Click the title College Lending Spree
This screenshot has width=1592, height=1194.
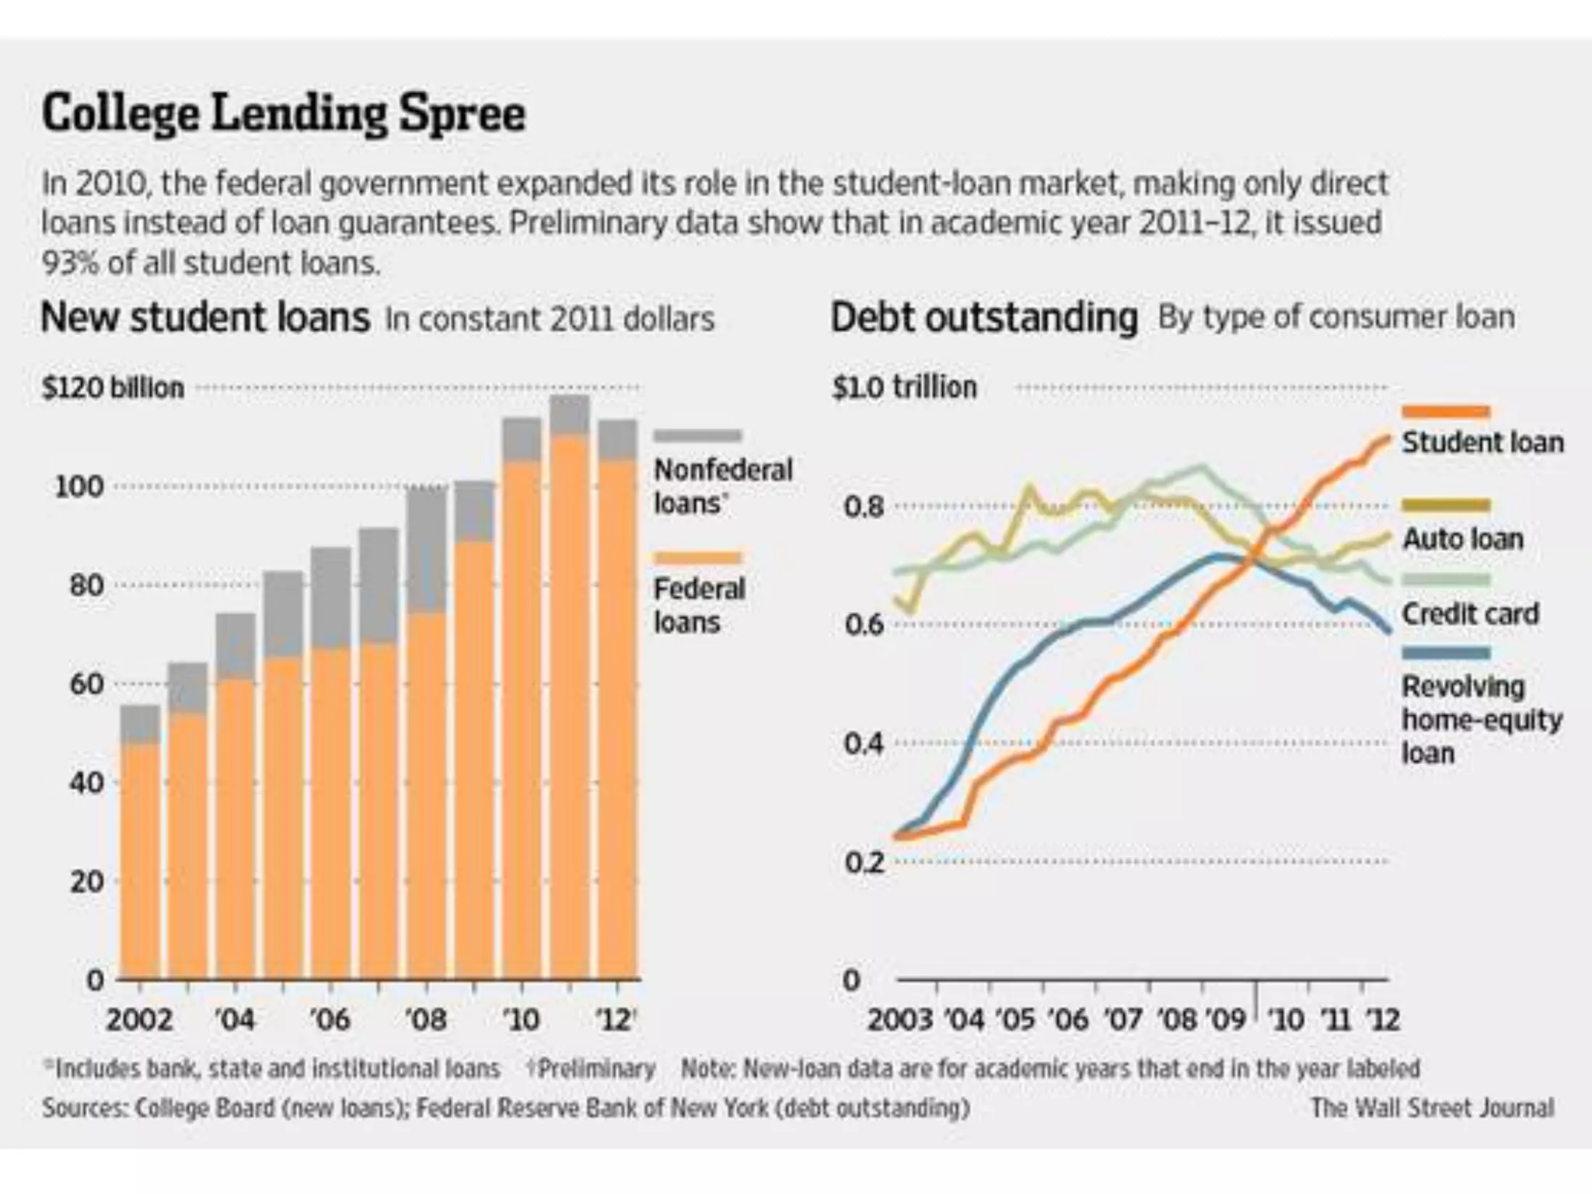pos(284,114)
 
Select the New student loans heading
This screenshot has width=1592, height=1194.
pos(204,318)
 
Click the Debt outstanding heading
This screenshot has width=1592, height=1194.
pos(984,318)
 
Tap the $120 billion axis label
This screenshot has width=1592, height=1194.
pos(113,387)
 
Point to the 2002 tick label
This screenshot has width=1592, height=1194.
pos(139,1018)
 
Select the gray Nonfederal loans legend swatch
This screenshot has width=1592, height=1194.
pos(697,436)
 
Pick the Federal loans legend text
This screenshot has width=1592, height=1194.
pos(699,606)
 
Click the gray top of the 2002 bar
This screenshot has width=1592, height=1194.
pos(141,724)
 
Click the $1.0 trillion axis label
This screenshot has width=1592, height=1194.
pos(904,387)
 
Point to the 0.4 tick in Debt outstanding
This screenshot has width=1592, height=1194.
pos(864,744)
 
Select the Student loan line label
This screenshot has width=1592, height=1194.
pos(1482,442)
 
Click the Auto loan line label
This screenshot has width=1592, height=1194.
pos(1462,539)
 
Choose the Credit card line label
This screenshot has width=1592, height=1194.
pos(1470,613)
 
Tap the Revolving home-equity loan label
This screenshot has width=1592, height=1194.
pos(1481,719)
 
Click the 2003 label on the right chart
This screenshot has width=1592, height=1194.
pos(899,1018)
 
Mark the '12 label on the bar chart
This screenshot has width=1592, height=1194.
pos(616,1018)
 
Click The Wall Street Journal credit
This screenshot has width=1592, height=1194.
pos(1432,1107)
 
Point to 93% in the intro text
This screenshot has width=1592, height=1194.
pos(71,264)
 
